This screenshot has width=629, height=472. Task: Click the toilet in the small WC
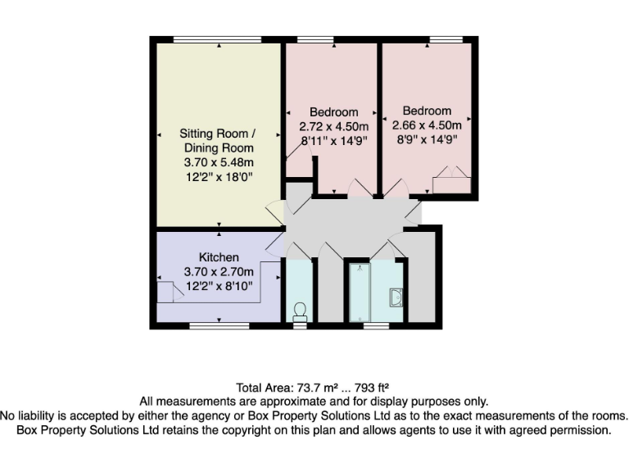(x=300, y=311)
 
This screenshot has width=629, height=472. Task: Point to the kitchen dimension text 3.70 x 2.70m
(x=219, y=271)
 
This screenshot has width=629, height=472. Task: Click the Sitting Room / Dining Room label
(x=218, y=140)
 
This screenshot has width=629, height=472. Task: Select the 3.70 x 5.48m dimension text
(x=218, y=162)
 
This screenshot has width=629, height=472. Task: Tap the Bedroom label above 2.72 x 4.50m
(x=333, y=112)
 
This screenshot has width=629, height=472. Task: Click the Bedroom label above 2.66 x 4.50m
(x=427, y=111)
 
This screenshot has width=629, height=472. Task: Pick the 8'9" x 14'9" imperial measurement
(x=427, y=139)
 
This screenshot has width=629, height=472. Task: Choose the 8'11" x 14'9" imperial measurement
(x=333, y=140)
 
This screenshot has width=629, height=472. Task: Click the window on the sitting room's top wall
(x=217, y=39)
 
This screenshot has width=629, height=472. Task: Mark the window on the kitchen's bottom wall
(x=219, y=325)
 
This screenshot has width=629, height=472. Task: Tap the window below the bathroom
(x=376, y=325)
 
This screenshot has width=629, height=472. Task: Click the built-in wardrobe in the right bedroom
(x=451, y=180)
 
